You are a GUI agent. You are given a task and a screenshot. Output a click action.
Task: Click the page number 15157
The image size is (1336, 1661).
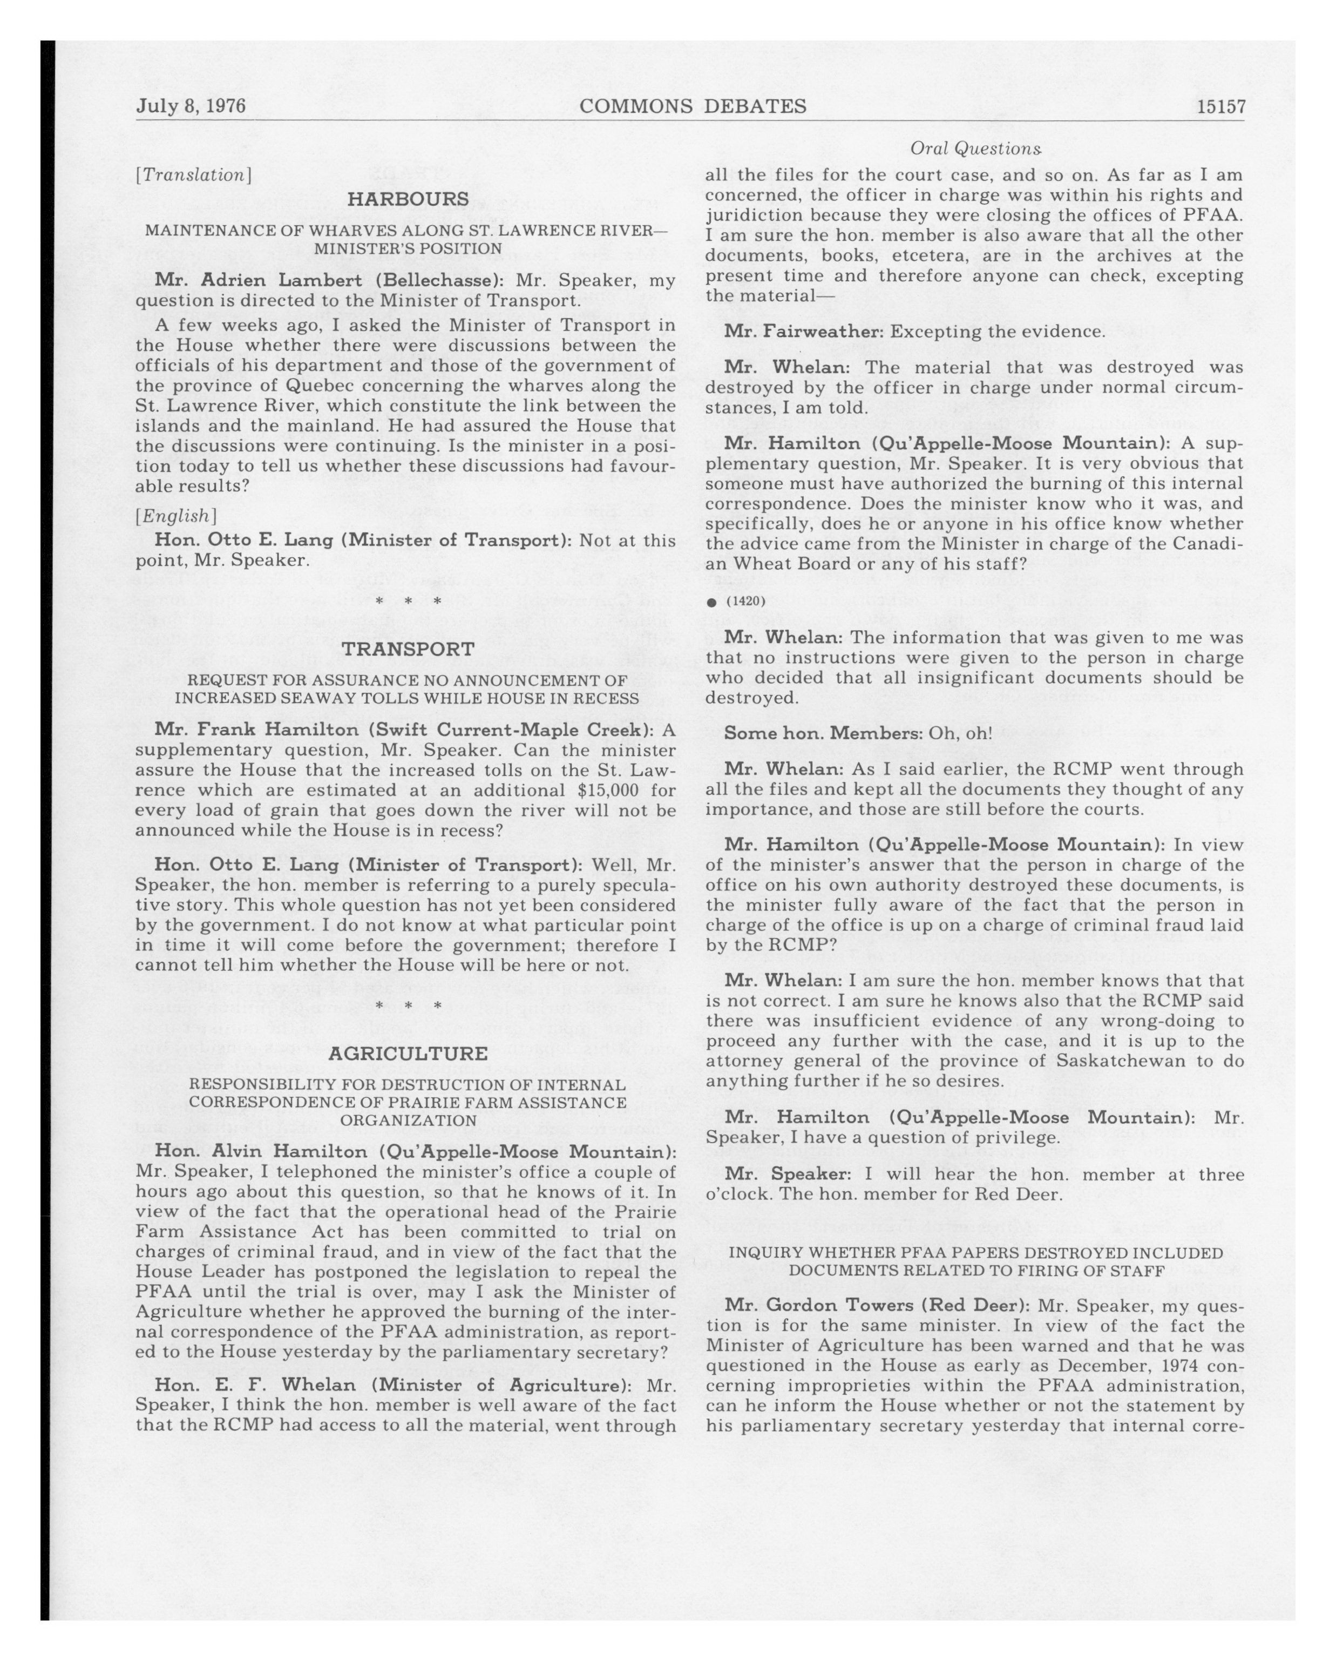pyautogui.click(x=1220, y=106)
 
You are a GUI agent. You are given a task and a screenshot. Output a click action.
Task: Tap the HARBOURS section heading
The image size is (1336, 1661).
pyautogui.click(x=408, y=199)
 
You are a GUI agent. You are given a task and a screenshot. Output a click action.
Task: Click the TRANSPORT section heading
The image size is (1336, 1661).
pyautogui.click(x=408, y=649)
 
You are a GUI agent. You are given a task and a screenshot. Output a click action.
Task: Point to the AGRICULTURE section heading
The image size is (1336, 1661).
pyautogui.click(x=408, y=1053)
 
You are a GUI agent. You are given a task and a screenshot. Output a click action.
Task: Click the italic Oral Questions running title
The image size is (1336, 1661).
pyautogui.click(x=975, y=148)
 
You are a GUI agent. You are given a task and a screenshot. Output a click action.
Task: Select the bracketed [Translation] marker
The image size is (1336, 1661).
pyautogui.click(x=193, y=175)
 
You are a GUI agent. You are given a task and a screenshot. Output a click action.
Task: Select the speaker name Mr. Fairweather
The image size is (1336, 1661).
pyautogui.click(x=805, y=331)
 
